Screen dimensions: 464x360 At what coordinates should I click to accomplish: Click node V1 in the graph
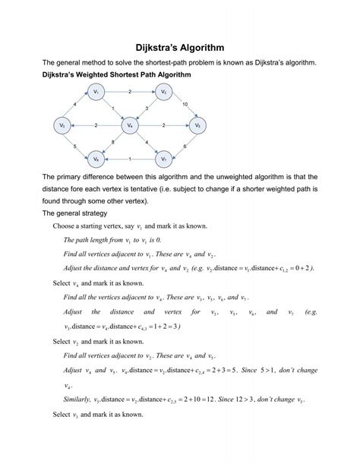pyautogui.click(x=96, y=92)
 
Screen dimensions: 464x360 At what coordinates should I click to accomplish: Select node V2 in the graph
pyautogui.click(x=164, y=92)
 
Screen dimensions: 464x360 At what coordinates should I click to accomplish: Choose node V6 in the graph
pyautogui.click(x=96, y=159)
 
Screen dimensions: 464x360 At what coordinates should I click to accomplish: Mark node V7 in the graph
pyautogui.click(x=163, y=159)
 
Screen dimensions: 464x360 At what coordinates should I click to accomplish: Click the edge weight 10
pyautogui.click(x=186, y=103)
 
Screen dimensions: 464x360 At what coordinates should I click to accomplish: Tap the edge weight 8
pyautogui.click(x=114, y=142)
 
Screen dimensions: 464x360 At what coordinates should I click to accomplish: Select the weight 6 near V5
pyautogui.click(x=185, y=146)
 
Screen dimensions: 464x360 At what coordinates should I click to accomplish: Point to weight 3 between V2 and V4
pyautogui.click(x=147, y=109)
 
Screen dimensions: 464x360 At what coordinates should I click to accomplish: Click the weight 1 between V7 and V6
pyautogui.click(x=130, y=158)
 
